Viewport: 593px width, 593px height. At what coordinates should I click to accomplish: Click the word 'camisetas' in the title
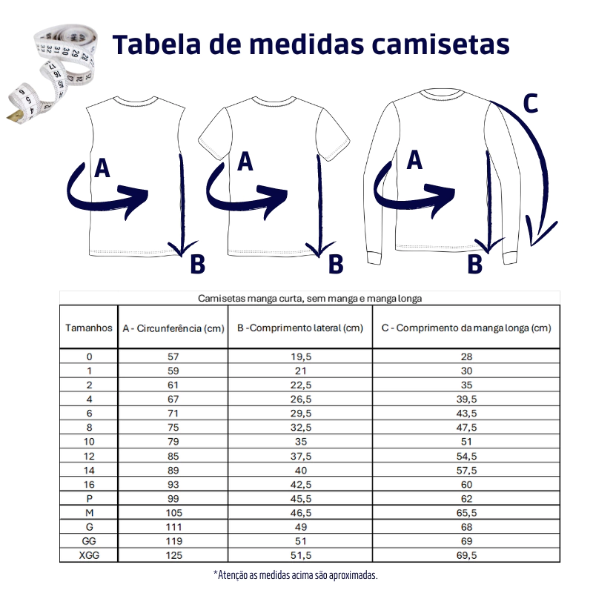(440, 44)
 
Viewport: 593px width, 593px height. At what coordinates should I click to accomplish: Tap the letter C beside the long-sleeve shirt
(530, 103)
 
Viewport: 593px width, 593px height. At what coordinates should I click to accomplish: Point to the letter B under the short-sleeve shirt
(336, 264)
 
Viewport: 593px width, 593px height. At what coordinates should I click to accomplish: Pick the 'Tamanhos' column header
(89, 328)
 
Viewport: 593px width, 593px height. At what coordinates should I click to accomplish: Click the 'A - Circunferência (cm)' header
(173, 328)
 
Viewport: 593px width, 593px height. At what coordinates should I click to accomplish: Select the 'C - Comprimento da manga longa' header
(466, 328)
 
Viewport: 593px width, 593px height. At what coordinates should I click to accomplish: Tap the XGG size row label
(89, 555)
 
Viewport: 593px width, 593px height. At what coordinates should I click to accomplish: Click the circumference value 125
(173, 555)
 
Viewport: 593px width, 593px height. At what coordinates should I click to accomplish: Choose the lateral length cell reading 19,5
(301, 357)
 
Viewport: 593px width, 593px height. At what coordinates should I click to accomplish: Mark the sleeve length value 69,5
(467, 555)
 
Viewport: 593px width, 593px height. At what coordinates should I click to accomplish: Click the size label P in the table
(89, 498)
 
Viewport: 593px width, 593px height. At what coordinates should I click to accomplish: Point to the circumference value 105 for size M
(173, 513)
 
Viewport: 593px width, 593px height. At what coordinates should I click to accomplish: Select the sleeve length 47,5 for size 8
(467, 428)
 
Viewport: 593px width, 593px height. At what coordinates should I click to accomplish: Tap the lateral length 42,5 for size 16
(301, 485)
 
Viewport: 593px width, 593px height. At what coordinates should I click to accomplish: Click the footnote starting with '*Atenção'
(296, 575)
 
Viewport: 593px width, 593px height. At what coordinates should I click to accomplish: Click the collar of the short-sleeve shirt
(274, 102)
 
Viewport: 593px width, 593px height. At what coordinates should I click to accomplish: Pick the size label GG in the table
(89, 541)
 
